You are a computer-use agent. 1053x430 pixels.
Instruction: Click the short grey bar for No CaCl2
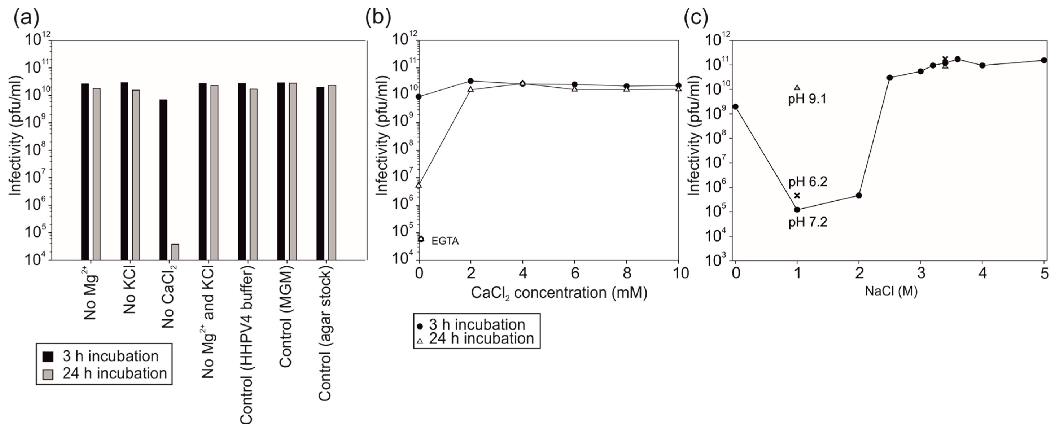[175, 252]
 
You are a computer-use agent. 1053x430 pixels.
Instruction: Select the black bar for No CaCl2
[163, 180]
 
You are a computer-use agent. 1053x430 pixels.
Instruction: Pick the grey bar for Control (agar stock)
[332, 172]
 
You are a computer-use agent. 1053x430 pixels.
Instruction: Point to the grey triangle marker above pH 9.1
[797, 87]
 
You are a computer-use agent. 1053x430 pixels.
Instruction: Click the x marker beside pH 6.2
[797, 195]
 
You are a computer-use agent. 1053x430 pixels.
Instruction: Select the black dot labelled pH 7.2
[797, 210]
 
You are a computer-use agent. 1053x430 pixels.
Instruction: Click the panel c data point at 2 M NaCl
[859, 195]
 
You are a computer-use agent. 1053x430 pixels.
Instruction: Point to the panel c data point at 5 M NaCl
[1044, 60]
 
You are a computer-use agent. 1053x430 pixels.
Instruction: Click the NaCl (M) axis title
[891, 291]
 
